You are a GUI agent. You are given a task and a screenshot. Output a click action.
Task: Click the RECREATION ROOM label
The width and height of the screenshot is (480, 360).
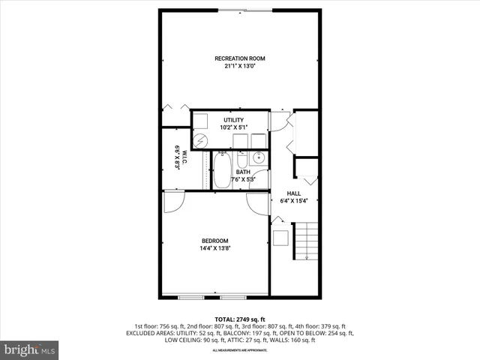(x=239, y=58)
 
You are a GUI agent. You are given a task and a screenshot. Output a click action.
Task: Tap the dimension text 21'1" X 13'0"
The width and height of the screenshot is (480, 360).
(x=239, y=66)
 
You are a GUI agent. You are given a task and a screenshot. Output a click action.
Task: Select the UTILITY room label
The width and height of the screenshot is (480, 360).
(x=233, y=120)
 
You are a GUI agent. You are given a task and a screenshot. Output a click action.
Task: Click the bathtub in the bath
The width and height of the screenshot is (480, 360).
(x=222, y=170)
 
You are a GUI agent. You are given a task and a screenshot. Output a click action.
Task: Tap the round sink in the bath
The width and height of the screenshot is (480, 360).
(x=257, y=158)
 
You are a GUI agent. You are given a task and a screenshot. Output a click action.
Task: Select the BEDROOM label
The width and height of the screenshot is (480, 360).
(x=214, y=241)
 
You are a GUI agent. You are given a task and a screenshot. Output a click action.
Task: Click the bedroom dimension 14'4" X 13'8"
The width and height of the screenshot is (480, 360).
(x=214, y=248)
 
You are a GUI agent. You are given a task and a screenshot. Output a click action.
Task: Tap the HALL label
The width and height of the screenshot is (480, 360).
(x=293, y=193)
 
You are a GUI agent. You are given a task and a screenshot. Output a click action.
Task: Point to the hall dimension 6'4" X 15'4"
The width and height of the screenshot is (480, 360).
(x=293, y=200)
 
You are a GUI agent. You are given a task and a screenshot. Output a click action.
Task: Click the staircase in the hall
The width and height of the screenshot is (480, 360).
(x=305, y=241)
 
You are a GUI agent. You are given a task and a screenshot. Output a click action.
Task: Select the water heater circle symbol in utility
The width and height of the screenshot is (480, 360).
(x=201, y=140)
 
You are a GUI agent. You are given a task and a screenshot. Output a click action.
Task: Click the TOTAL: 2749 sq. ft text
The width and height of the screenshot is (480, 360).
(x=239, y=319)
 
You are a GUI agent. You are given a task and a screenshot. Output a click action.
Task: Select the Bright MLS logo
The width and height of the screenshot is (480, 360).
(x=30, y=349)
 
